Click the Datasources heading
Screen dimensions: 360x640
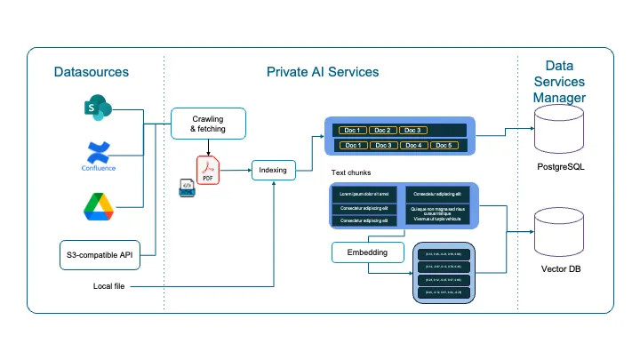pos(91,72)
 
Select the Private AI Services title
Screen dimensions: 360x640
pos(323,72)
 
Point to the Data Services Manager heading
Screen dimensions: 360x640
pos(564,81)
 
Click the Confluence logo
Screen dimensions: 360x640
pos(98,155)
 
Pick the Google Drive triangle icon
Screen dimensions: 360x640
pos(98,205)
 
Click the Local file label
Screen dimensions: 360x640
pos(109,285)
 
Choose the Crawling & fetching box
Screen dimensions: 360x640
pos(207,124)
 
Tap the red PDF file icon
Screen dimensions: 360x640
pos(208,168)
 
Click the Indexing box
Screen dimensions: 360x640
pos(273,170)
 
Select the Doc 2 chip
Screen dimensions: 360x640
pos(383,131)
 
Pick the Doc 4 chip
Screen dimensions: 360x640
pos(412,145)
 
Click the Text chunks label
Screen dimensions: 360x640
pos(351,172)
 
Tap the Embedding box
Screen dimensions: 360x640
pos(366,253)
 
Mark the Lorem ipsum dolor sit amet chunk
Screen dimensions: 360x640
pos(363,193)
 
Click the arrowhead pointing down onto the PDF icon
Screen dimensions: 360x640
pos(208,149)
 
